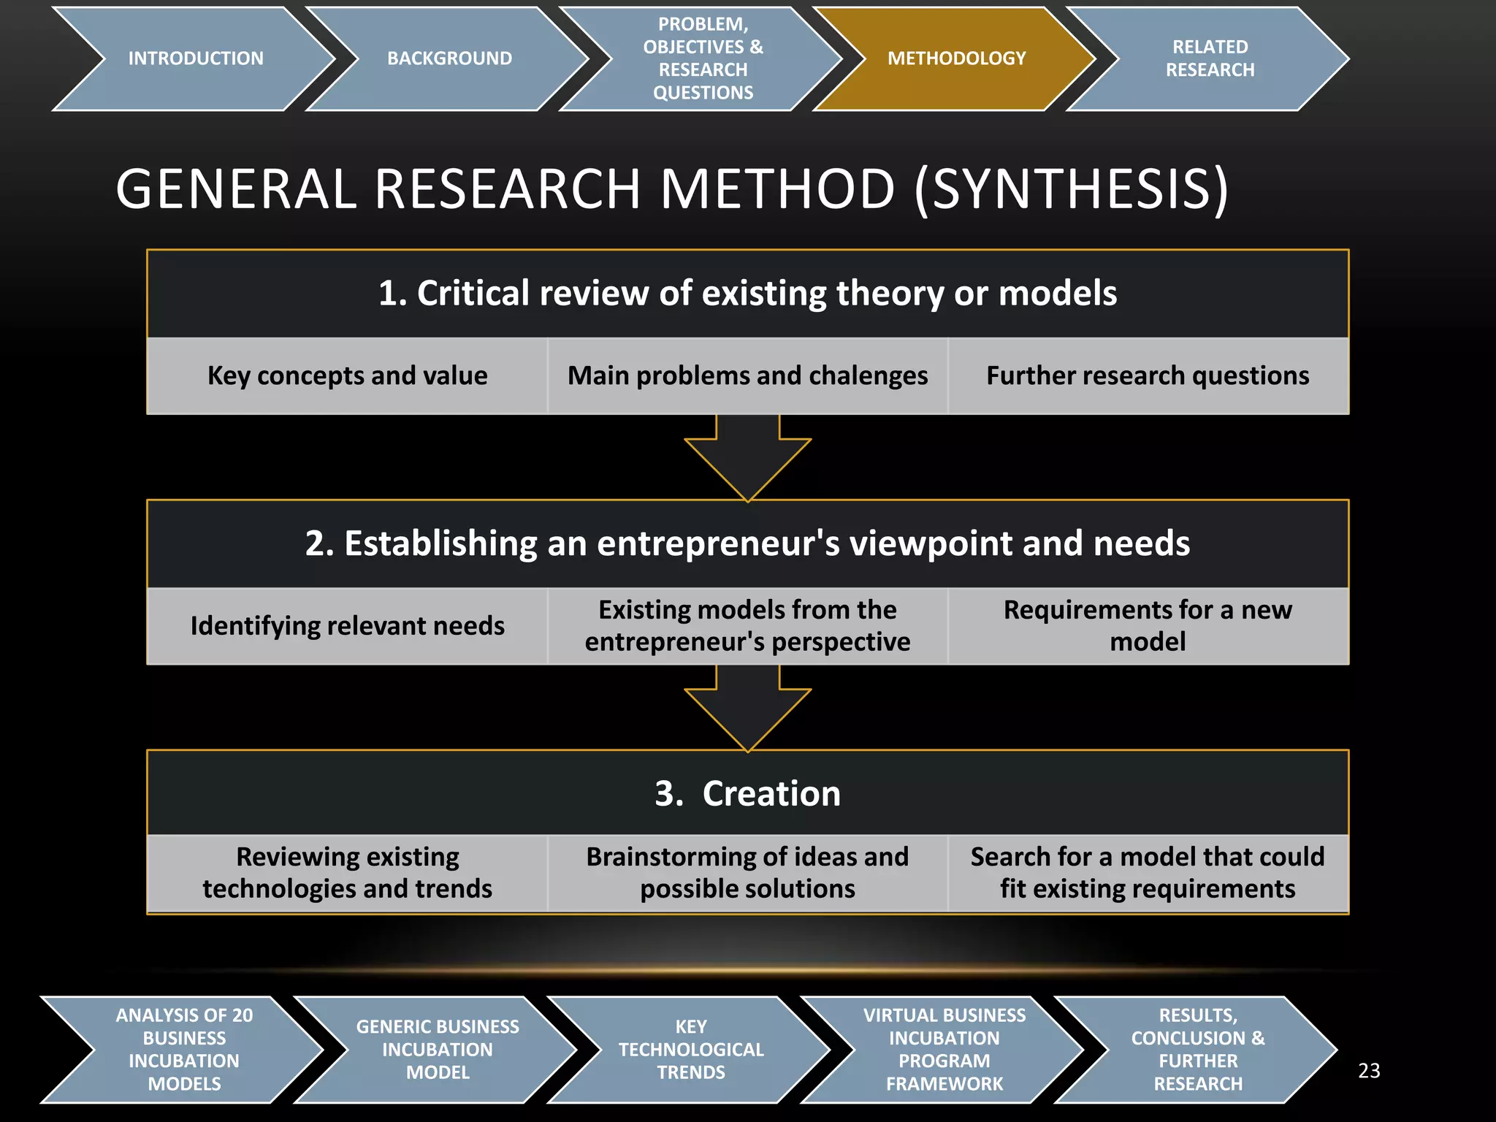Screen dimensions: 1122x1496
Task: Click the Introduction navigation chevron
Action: click(195, 58)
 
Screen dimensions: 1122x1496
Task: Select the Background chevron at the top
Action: click(449, 58)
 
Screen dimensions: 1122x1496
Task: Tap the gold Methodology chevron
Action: click(956, 58)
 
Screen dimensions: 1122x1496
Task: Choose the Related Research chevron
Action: click(1210, 58)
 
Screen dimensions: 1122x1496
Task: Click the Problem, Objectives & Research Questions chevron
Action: click(703, 58)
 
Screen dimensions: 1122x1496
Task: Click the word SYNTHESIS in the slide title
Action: click(1072, 189)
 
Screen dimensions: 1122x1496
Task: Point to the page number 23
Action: click(1369, 1071)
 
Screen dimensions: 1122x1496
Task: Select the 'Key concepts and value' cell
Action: click(348, 375)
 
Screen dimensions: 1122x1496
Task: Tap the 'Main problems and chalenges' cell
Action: click(747, 375)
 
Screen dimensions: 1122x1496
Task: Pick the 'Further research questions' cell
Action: click(1148, 375)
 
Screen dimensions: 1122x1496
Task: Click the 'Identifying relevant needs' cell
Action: click(348, 626)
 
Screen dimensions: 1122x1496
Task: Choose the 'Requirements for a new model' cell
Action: click(1148, 626)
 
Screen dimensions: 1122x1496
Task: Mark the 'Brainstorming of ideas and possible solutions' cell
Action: click(747, 873)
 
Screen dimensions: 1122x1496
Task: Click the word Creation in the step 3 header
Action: click(771, 793)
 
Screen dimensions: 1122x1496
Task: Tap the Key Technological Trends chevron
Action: click(691, 1050)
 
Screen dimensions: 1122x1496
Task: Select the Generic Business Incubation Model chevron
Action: click(438, 1050)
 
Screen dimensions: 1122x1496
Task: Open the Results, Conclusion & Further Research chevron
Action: click(1198, 1050)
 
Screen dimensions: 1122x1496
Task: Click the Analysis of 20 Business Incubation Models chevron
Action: click(184, 1050)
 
